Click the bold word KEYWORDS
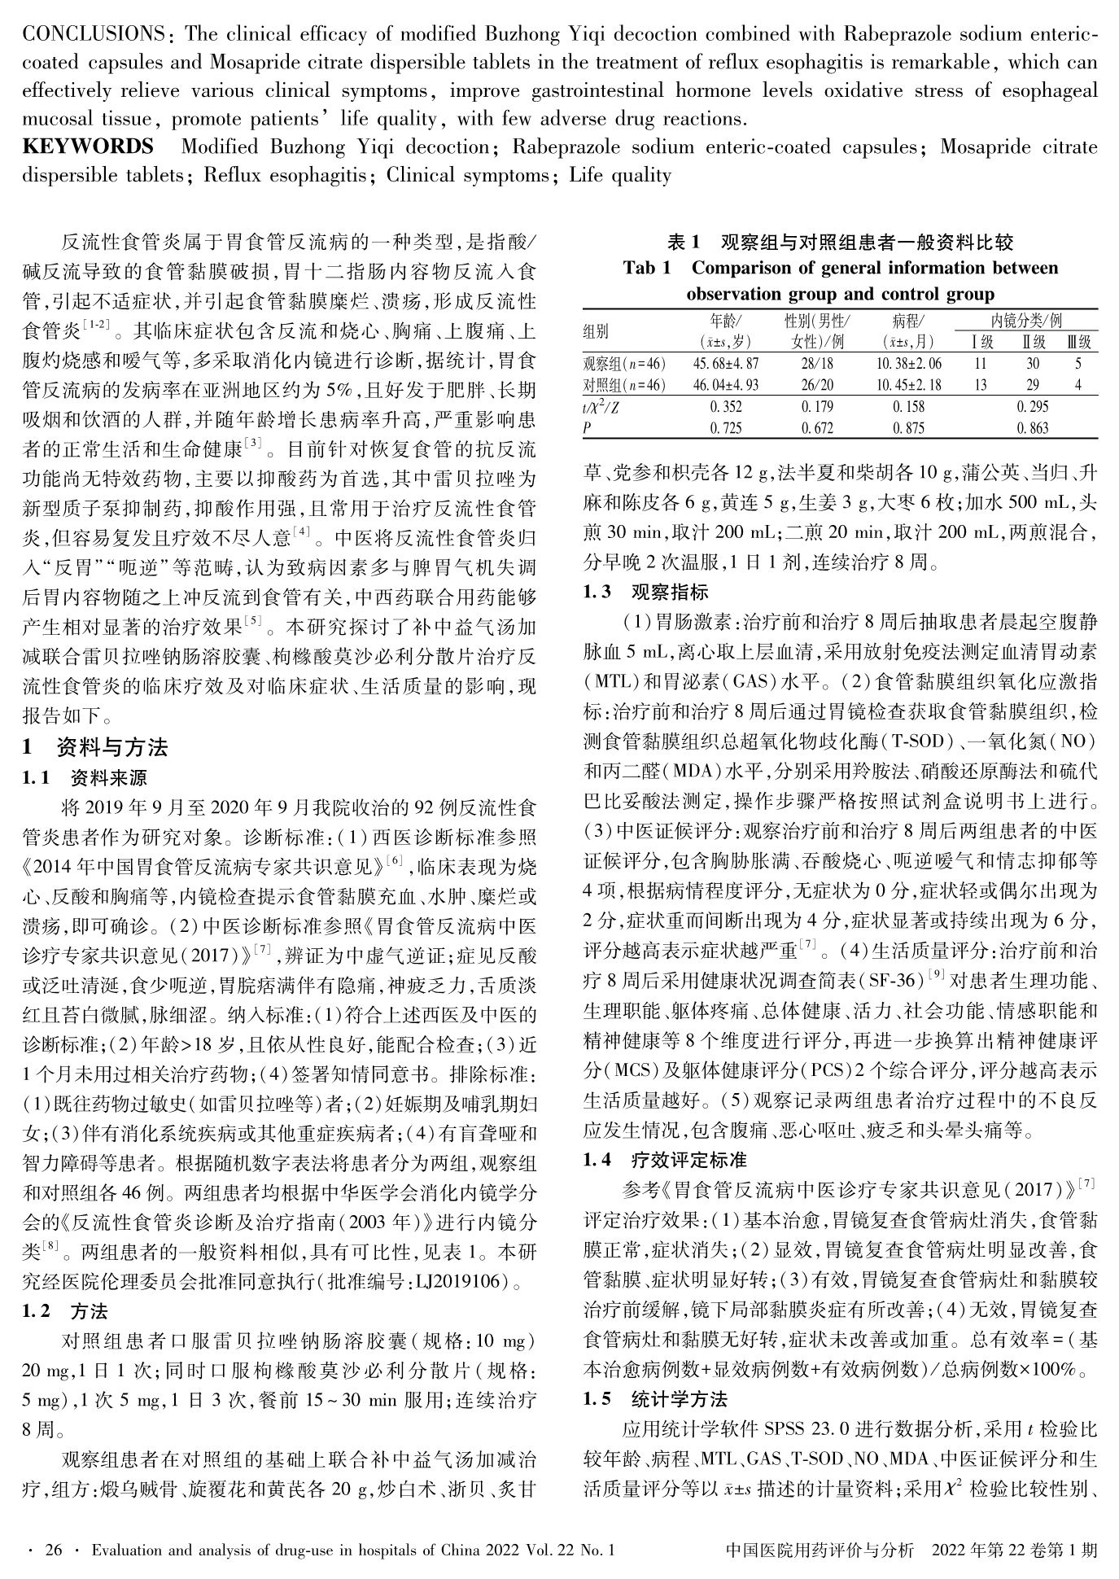coord(88,147)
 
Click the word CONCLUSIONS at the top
coord(91,35)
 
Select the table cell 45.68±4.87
coord(725,364)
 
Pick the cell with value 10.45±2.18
coord(908,385)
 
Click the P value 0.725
coord(725,427)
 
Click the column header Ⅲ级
coord(1077,342)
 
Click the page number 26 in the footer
coord(54,1550)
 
